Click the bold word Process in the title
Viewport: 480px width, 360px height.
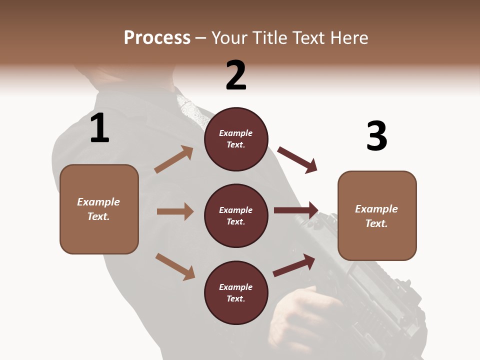tap(157, 38)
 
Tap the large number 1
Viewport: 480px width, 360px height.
tap(99, 128)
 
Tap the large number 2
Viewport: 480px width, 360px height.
tap(236, 75)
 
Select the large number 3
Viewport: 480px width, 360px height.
tap(376, 136)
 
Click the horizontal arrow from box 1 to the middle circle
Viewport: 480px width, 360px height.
tap(175, 211)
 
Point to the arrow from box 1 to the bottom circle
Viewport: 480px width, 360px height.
tap(175, 266)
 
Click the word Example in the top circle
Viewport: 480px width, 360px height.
tap(236, 133)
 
